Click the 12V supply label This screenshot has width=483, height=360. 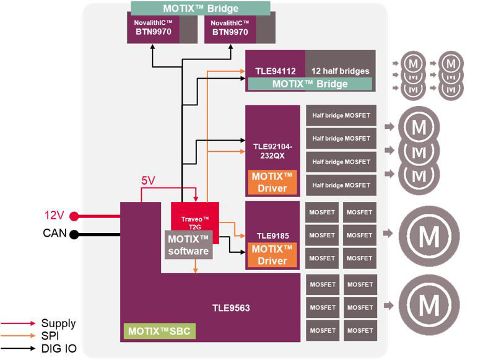pos(54,216)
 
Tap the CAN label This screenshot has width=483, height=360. pos(54,234)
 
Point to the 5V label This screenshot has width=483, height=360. pos(149,181)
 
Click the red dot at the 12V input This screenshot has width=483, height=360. pos(74,216)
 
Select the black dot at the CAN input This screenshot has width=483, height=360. pos(74,234)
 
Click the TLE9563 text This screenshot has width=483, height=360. pos(230,307)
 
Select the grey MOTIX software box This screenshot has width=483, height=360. pos(188,245)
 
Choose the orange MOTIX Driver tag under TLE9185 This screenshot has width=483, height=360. pos(272,255)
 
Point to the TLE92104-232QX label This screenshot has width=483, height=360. pos(272,152)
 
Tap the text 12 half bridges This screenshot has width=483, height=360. pos(340,71)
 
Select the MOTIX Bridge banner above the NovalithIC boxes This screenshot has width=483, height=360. pos(200,9)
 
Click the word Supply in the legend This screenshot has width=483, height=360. pos(58,323)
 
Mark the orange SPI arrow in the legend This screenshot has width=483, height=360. pos(18,336)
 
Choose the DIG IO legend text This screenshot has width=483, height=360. pos(59,349)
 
